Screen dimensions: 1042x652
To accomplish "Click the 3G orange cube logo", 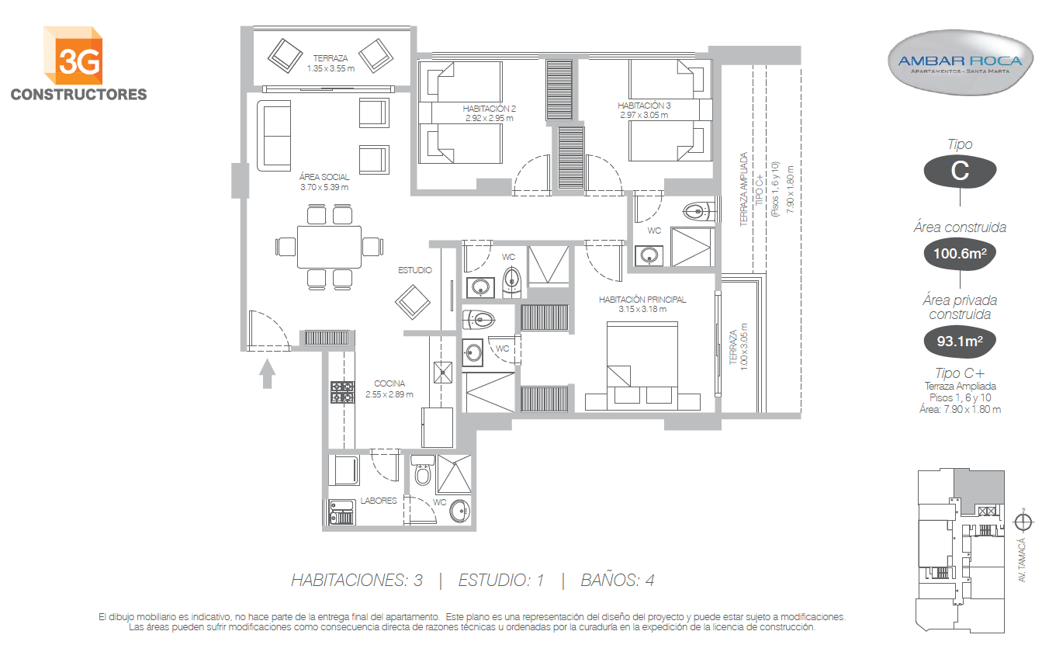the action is coord(73,56).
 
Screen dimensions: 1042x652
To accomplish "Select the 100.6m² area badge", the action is coord(960,254).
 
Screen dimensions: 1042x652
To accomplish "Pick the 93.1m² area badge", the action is coord(960,341).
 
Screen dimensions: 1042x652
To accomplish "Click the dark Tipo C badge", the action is coord(960,171).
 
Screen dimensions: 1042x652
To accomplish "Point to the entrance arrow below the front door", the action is coord(267,373).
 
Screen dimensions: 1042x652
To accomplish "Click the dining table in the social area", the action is coord(329,247).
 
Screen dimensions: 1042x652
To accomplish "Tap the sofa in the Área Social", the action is coord(274,135).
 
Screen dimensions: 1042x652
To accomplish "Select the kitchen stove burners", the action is coord(342,392).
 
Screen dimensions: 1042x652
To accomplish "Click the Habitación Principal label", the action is coord(642,300).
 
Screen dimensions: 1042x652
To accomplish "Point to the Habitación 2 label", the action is coord(489,109).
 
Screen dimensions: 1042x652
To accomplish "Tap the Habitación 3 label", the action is coord(644,106).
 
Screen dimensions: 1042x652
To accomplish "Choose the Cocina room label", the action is coord(389,383).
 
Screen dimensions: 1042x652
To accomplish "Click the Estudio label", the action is coord(415,270).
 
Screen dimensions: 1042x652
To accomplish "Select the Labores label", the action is coord(378,501).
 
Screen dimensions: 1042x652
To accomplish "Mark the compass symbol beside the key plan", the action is coord(1023,522).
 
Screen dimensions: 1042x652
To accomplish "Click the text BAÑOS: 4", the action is coord(618,581).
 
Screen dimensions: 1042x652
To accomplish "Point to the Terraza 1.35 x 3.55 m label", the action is coord(331,64).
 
